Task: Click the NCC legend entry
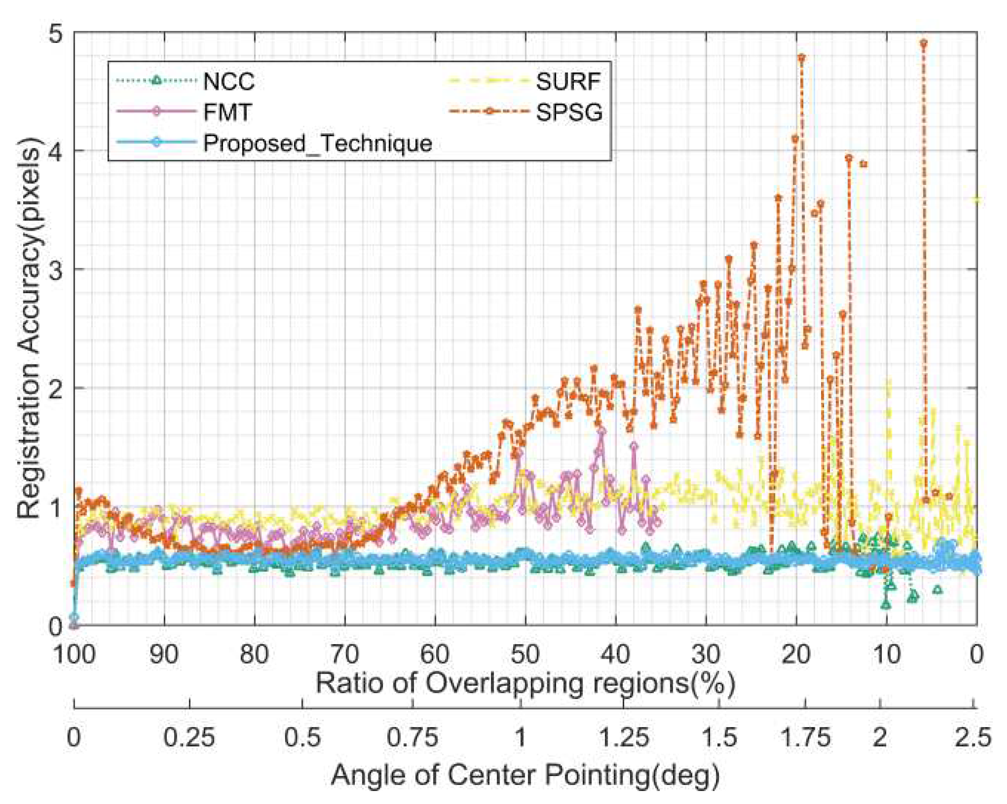pyautogui.click(x=228, y=82)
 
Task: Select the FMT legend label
pyautogui.click(x=228, y=112)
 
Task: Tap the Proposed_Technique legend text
pyautogui.click(x=317, y=143)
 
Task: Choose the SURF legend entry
pyautogui.click(x=567, y=82)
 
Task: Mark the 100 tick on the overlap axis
pyautogui.click(x=75, y=654)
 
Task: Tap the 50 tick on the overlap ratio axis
pyautogui.click(x=525, y=654)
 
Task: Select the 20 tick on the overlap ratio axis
pyautogui.click(x=796, y=654)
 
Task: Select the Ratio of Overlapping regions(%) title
pyautogui.click(x=525, y=684)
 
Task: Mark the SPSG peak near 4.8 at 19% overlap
pyautogui.click(x=801, y=58)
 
